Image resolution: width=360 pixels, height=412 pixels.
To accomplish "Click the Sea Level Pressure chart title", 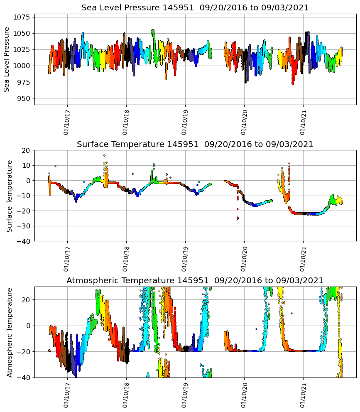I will point(195,8).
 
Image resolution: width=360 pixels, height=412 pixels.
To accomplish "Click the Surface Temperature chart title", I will point(195,145).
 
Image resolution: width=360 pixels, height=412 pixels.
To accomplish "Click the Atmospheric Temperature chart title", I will point(195,281).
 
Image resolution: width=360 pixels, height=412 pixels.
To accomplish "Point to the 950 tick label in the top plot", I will point(24,98).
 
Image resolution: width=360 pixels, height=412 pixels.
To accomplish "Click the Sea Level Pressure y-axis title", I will point(7,59).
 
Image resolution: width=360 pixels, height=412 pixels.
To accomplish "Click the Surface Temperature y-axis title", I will point(10,196).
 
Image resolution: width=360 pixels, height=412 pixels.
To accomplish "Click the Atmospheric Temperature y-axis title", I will point(10,332).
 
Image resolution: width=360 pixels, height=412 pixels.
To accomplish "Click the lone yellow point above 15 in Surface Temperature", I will point(104,155).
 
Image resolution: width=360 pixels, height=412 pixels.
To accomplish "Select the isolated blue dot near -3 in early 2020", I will point(256,329).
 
